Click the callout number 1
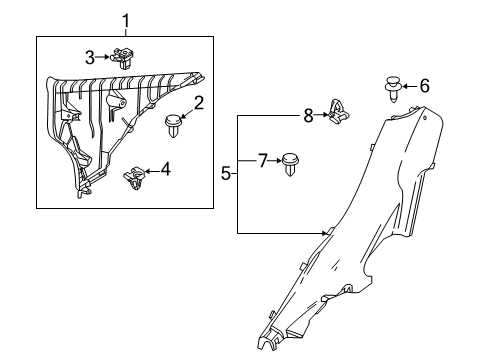(x=125, y=19)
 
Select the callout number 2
(x=199, y=102)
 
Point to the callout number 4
(x=164, y=170)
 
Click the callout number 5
(x=227, y=173)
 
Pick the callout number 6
(x=423, y=87)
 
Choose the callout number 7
(x=262, y=159)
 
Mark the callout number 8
(x=307, y=115)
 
